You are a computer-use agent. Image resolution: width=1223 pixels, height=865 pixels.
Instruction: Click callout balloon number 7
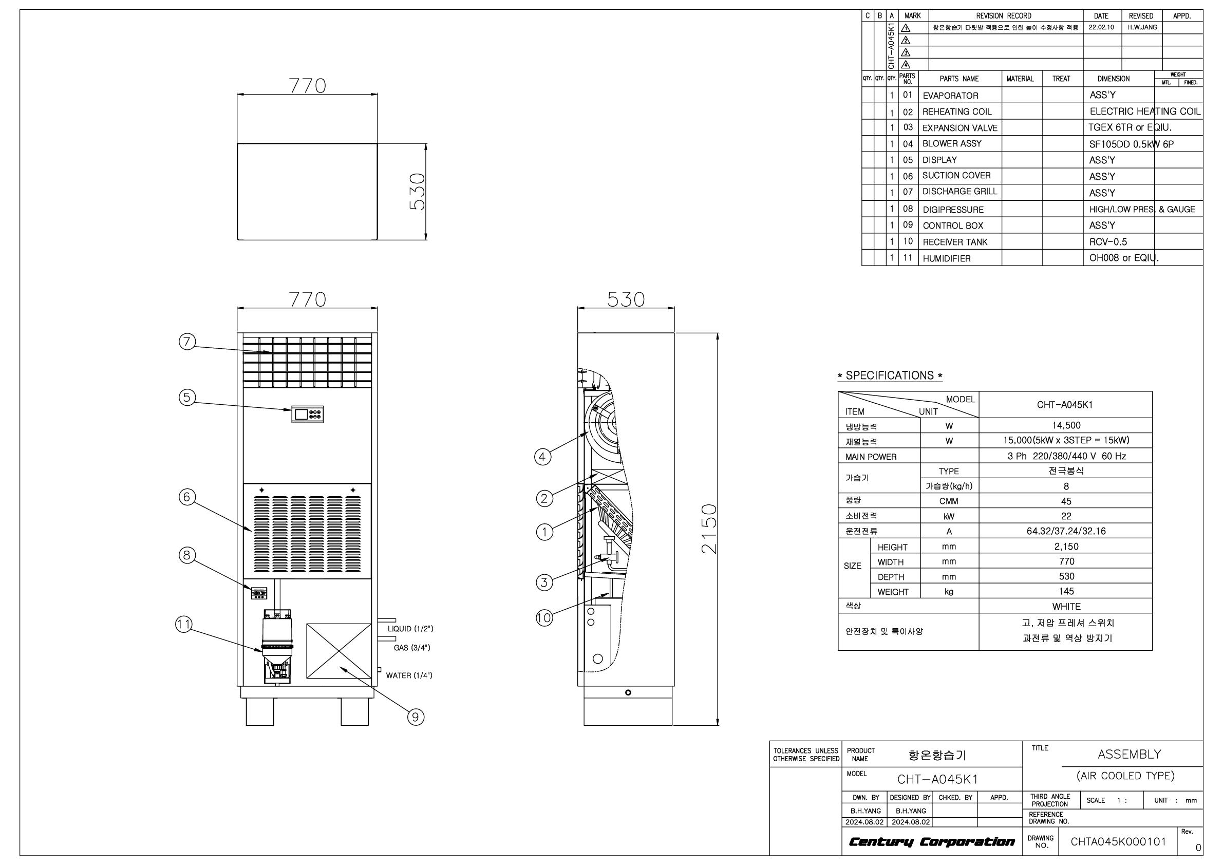tap(187, 341)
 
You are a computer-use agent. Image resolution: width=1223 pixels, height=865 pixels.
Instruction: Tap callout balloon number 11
tap(184, 625)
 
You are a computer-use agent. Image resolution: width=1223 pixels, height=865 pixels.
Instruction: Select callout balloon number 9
tap(416, 718)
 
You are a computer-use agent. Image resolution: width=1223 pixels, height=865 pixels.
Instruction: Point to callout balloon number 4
tap(542, 457)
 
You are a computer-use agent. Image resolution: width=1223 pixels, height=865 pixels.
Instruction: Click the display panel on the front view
tap(307, 415)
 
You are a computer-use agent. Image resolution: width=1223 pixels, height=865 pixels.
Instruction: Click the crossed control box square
tap(339, 651)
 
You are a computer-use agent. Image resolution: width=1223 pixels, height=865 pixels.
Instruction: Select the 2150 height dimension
tap(709, 529)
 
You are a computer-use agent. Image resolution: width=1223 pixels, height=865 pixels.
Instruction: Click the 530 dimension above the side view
tap(626, 299)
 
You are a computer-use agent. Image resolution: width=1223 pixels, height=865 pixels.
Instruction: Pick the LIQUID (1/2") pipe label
tap(410, 629)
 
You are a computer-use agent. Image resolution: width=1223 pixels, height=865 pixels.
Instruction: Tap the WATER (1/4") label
tap(409, 675)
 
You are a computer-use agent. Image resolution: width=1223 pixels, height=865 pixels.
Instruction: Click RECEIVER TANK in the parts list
tap(955, 242)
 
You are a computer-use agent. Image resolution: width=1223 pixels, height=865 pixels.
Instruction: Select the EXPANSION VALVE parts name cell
tap(960, 128)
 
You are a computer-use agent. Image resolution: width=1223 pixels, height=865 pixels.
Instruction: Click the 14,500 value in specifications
tap(1066, 425)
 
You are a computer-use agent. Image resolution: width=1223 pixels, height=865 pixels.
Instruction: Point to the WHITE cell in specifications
tap(1066, 606)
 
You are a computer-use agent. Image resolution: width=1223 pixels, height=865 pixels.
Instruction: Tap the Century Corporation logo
tap(932, 841)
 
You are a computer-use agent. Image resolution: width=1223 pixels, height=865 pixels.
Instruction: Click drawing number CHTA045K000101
tap(1119, 841)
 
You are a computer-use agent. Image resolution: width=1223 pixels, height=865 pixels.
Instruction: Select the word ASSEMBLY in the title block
tap(1129, 754)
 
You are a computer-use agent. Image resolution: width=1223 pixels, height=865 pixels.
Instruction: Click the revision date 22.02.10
tap(1101, 27)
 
